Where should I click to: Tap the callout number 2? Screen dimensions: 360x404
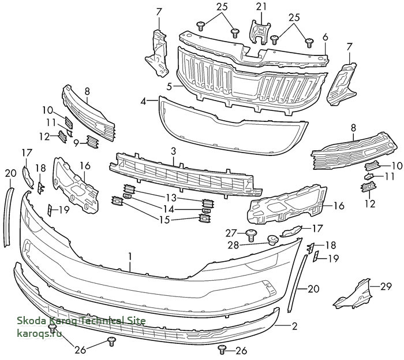[x=294, y=326]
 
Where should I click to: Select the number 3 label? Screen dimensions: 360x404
[x=173, y=151]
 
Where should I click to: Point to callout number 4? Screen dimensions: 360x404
[x=143, y=101]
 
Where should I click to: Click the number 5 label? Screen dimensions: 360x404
[x=169, y=86]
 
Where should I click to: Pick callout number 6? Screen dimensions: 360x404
[x=325, y=37]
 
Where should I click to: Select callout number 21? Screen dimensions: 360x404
[x=261, y=7]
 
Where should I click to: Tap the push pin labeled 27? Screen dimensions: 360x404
[x=251, y=235]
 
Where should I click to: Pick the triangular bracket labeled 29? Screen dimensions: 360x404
[x=353, y=294]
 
